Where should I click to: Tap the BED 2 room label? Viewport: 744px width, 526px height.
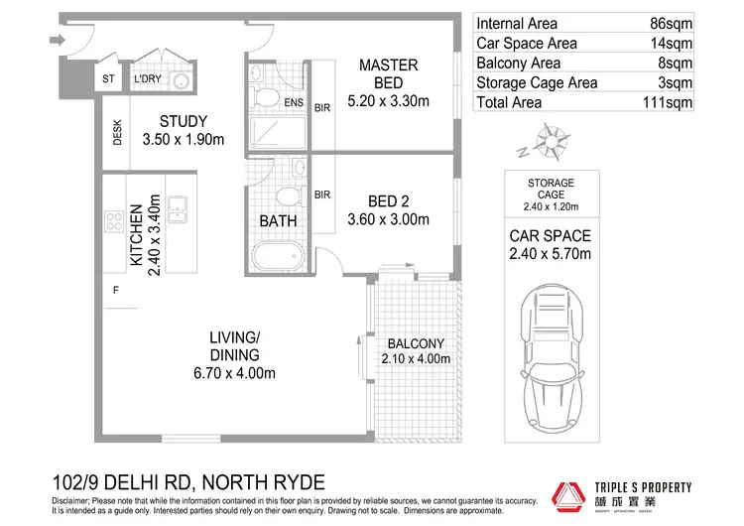[388, 209]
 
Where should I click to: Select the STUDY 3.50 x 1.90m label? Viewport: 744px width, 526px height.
[183, 131]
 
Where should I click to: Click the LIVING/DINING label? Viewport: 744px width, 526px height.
[234, 355]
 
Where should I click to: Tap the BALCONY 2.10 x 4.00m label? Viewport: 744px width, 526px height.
[416, 351]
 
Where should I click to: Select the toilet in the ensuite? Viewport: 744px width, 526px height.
[266, 96]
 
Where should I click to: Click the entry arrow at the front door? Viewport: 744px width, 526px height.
[57, 41]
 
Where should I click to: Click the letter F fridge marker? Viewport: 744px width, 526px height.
[116, 291]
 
